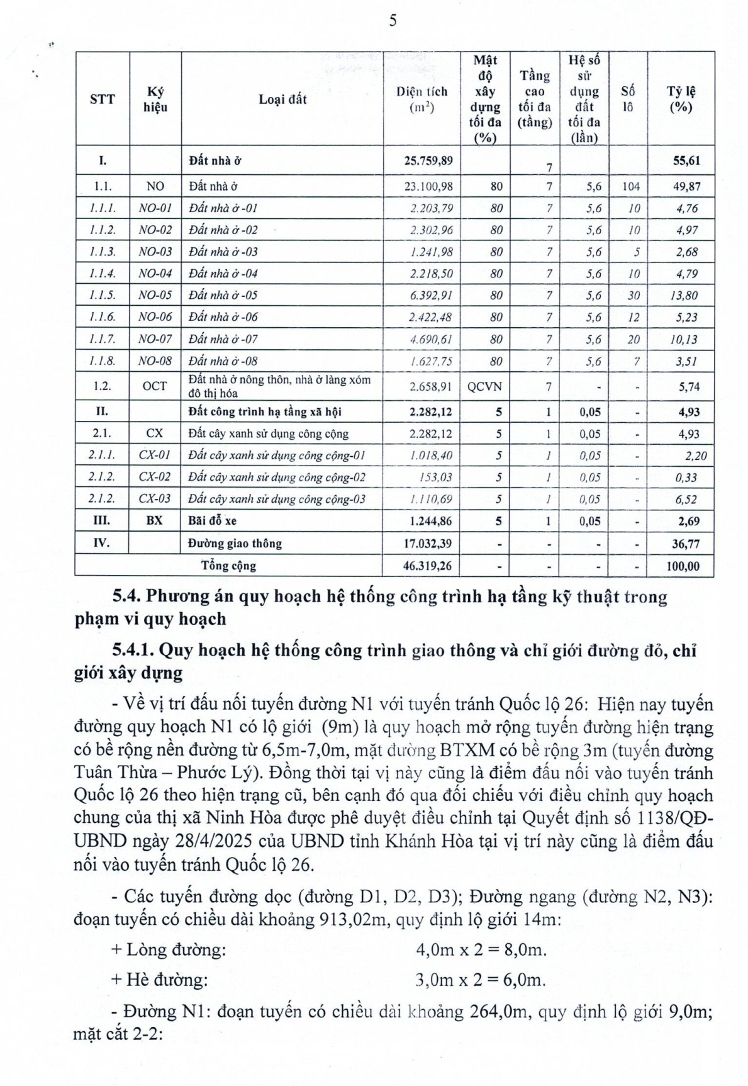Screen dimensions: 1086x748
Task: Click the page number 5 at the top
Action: click(x=393, y=21)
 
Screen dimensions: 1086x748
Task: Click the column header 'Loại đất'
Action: click(x=282, y=99)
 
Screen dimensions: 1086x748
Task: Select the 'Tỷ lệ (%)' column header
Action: click(x=681, y=99)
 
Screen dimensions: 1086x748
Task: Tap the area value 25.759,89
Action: click(x=428, y=160)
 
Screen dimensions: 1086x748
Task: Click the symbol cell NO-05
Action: click(x=155, y=295)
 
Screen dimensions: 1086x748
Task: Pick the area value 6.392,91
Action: click(x=431, y=295)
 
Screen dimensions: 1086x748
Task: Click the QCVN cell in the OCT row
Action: click(x=484, y=386)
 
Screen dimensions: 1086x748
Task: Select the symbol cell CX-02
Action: click(x=155, y=477)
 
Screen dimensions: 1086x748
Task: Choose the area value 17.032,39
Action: click(x=428, y=544)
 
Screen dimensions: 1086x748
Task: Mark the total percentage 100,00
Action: click(x=683, y=566)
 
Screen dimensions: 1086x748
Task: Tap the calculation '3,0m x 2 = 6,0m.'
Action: click(x=481, y=980)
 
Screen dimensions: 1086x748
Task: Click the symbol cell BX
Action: click(x=155, y=521)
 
